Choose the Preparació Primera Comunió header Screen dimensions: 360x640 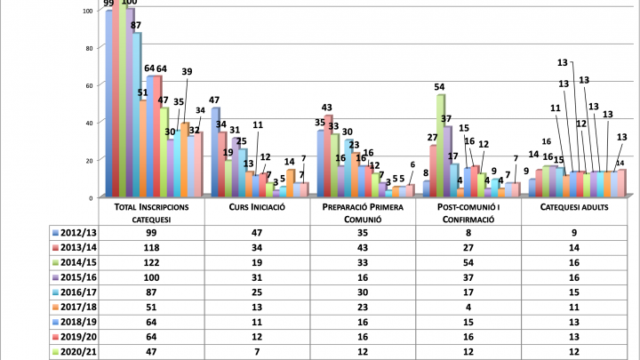pos(364,212)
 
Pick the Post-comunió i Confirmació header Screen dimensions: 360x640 pos(468,212)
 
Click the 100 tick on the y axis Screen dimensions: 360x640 pos(85,11)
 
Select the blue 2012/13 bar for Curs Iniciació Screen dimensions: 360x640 pos(215,152)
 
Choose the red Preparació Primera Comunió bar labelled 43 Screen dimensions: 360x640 pos(328,156)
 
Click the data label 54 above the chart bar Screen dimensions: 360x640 pos(439,86)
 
